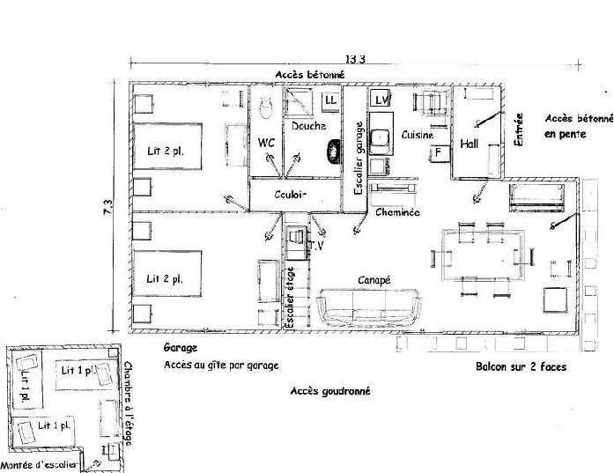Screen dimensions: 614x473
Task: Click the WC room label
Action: (266, 143)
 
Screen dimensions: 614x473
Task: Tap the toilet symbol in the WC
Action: (266, 107)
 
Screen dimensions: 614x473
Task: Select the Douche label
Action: (308, 126)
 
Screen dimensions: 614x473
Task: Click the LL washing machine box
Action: (330, 100)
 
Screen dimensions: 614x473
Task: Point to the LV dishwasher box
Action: (381, 100)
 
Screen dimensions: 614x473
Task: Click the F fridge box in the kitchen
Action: (439, 152)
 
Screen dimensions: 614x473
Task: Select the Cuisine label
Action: (418, 135)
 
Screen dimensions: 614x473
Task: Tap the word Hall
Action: (470, 144)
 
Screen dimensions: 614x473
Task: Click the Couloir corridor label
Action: (290, 194)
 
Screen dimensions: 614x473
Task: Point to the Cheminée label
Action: (397, 212)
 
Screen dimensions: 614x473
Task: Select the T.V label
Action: (316, 246)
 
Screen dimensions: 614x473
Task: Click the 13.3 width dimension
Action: (355, 59)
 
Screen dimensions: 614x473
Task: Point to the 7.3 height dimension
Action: (107, 207)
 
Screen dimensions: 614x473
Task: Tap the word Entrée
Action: (519, 129)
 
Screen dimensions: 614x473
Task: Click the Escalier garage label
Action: (359, 159)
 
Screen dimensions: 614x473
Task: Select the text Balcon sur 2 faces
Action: (522, 366)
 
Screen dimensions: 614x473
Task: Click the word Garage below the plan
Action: (180, 348)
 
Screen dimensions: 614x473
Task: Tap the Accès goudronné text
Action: (330, 391)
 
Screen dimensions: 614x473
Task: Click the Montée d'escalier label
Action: (39, 465)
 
